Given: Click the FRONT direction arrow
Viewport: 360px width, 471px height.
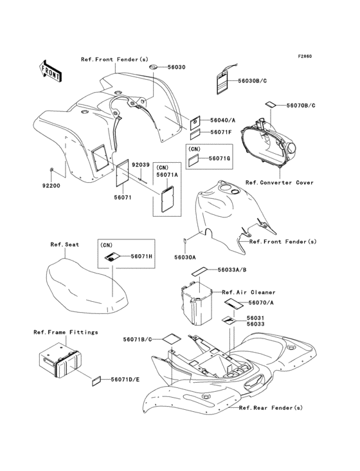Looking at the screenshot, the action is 51,71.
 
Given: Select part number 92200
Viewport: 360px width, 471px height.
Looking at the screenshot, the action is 51,186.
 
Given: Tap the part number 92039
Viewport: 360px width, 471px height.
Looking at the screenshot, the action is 141,165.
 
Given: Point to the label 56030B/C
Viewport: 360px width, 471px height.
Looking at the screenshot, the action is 252,80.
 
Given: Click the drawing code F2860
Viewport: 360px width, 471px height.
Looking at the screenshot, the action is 305,56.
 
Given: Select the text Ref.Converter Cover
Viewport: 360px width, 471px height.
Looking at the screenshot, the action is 279,183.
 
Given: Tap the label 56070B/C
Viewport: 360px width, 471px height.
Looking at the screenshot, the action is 301,106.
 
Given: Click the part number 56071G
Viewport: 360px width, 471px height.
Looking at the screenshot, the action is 219,158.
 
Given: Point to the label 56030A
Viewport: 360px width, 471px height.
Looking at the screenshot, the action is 185,257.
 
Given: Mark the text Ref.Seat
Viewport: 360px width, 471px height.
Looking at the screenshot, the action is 64,245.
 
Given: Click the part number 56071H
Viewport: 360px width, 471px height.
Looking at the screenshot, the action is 141,256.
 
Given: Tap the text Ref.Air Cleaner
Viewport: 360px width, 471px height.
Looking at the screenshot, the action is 248,292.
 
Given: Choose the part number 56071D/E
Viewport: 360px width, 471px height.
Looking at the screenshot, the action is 125,380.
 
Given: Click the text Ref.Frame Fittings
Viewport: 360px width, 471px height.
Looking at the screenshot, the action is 66,332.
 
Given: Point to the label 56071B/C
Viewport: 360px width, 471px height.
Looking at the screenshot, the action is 137,339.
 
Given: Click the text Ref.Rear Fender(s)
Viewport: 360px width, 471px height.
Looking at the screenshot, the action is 271,407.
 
